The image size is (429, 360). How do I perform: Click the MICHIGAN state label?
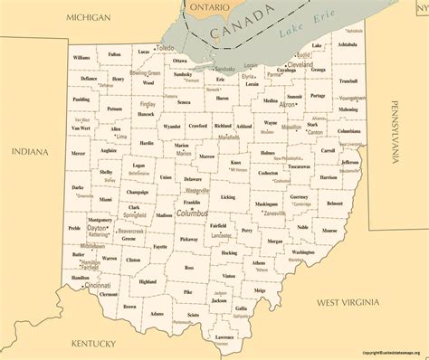click(88, 18)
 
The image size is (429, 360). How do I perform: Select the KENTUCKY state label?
click(93, 344)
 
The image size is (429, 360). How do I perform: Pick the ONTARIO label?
click(209, 7)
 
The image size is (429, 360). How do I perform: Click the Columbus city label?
click(191, 213)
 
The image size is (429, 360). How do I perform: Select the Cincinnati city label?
click(98, 285)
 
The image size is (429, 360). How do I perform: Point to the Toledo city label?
click(165, 47)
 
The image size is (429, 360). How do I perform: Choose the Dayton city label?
click(97, 228)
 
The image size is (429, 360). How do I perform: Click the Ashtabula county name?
click(347, 43)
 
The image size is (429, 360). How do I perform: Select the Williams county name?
click(82, 57)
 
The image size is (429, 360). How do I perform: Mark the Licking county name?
click(227, 196)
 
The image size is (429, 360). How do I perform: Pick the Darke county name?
click(78, 187)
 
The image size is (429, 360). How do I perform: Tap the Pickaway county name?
click(188, 239)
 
